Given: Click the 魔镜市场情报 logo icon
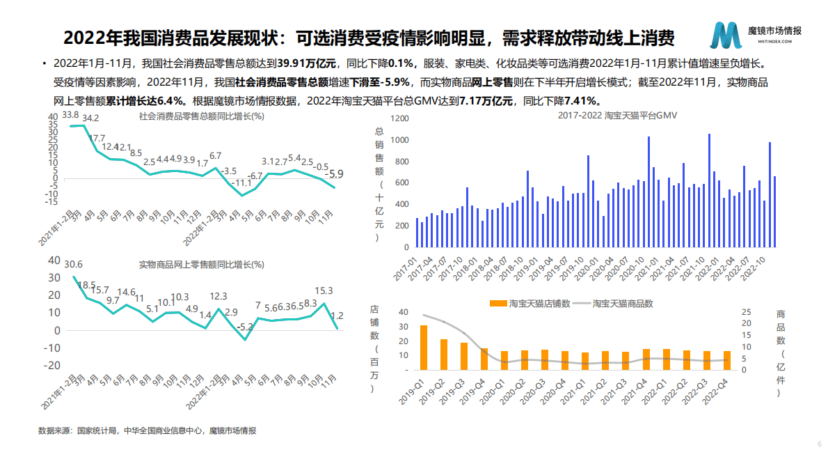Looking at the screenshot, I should coord(726,35).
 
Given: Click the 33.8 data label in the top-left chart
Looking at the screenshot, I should coord(70,114).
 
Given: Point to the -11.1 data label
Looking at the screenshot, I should coord(242,183).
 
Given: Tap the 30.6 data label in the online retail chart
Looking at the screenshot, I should coord(73,265).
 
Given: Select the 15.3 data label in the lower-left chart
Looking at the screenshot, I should coord(324,291).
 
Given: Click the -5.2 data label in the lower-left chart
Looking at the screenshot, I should coord(244,326).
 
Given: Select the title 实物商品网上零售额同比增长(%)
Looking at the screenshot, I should coord(202,265).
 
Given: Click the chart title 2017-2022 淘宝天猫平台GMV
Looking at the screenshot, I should coord(608,114).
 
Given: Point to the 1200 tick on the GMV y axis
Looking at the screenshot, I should coord(399,119).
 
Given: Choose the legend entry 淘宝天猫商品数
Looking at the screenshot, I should coord(622,303).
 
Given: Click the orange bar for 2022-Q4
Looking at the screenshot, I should coord(727,360).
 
